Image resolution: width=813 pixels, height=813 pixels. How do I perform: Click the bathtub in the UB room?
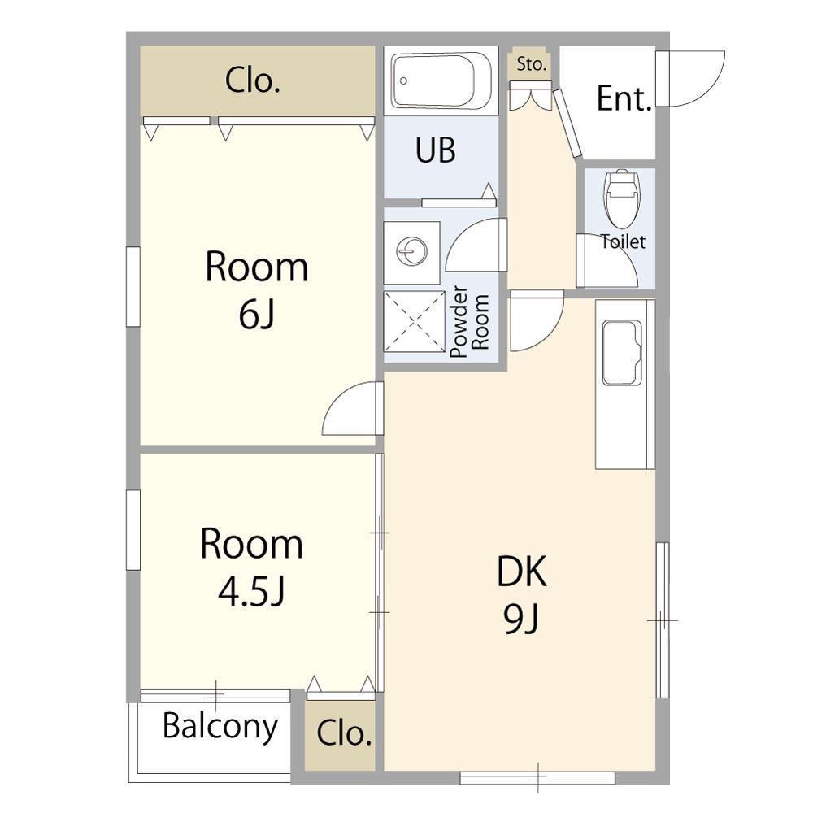[441, 80]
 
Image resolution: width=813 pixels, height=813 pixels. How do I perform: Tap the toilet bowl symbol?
[620, 199]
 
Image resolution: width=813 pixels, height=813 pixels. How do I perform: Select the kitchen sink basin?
[622, 353]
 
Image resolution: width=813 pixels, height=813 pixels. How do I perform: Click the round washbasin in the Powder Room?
[411, 251]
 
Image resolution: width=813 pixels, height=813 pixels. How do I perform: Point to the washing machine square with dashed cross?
[415, 322]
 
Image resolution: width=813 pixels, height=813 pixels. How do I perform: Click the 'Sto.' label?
[532, 64]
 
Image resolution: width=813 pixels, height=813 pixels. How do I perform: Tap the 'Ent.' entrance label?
[624, 98]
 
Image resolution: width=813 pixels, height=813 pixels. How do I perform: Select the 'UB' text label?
[436, 150]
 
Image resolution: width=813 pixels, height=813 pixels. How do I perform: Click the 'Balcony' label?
[220, 727]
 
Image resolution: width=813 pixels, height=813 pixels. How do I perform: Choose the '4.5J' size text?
[251, 592]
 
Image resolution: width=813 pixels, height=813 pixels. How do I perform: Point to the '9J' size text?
[521, 619]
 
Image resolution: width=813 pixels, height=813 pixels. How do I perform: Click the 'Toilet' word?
[623, 241]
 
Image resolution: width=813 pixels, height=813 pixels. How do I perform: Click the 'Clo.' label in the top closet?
[253, 80]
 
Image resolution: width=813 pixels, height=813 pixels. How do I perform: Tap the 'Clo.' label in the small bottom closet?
[344, 733]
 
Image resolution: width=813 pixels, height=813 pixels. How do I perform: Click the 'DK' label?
[522, 572]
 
